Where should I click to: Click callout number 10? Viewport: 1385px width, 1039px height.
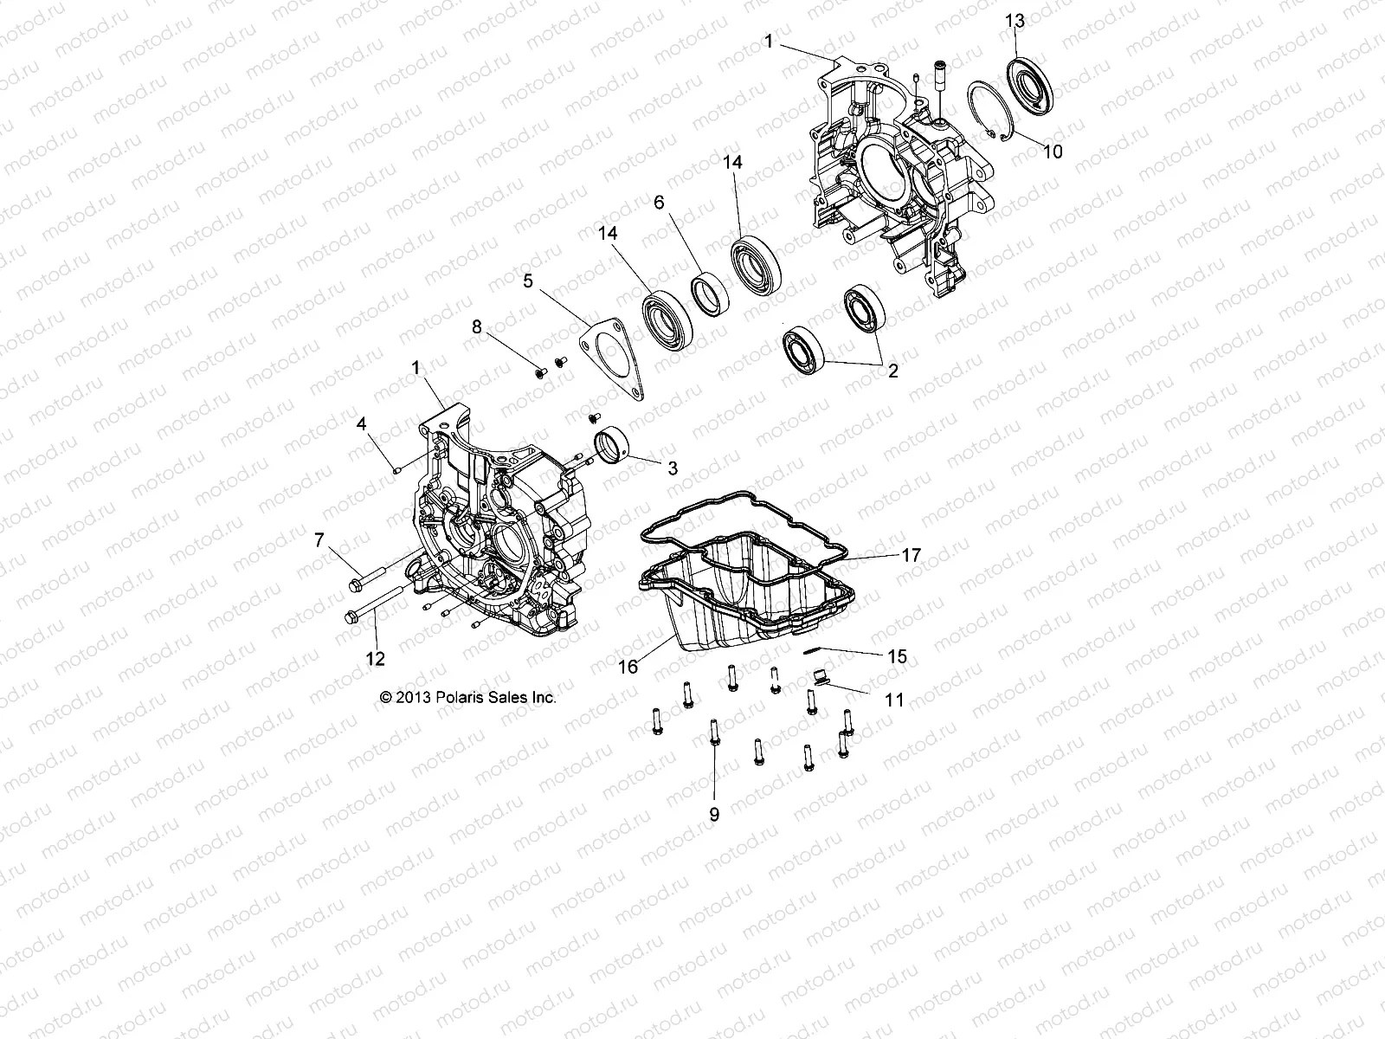[1052, 152]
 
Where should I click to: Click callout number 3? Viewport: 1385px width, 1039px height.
[672, 468]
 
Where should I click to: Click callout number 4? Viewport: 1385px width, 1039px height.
[363, 423]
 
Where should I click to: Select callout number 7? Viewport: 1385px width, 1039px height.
[319, 540]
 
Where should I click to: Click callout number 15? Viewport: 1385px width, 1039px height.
[898, 657]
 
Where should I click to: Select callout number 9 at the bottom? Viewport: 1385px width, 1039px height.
[714, 814]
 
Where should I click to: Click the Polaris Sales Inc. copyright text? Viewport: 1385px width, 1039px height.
[468, 697]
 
